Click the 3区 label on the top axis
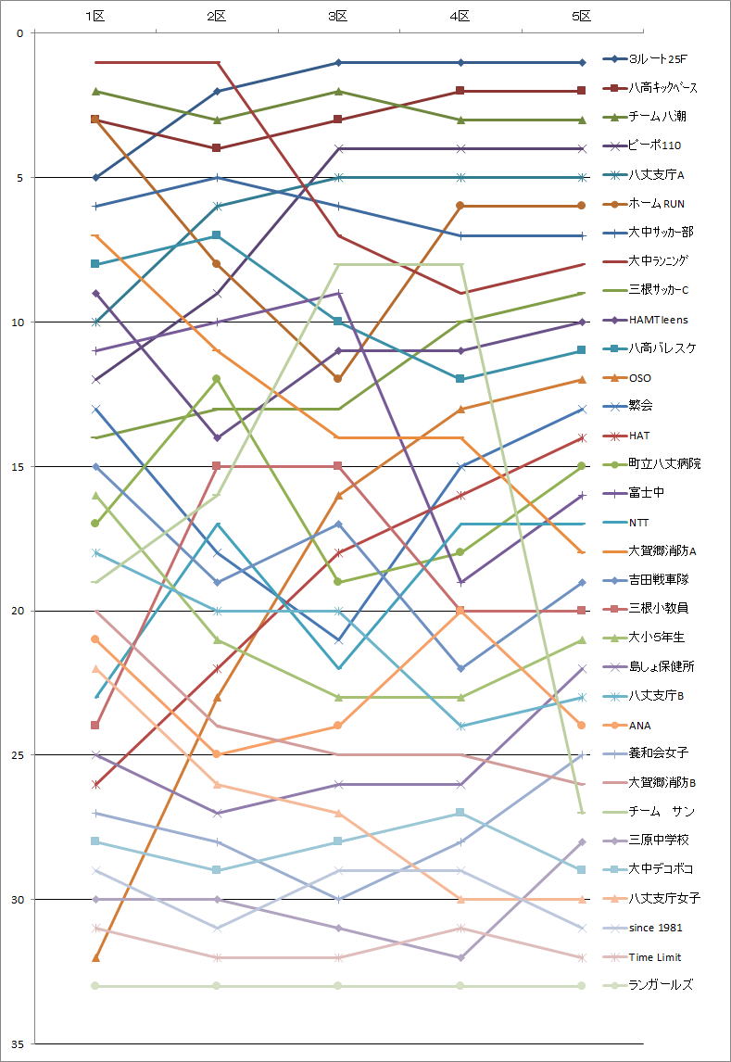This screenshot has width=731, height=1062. (338, 16)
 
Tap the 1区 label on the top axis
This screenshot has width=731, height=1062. (95, 16)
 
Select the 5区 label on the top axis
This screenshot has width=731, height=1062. (582, 16)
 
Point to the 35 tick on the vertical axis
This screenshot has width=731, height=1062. (19, 1044)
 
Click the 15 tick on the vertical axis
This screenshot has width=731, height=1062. (19, 466)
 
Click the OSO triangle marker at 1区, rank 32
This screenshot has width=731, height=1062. (95, 957)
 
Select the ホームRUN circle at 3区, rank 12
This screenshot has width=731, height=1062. (338, 379)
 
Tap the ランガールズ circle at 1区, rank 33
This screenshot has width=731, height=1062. (95, 986)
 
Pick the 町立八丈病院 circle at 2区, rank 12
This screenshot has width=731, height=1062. (217, 379)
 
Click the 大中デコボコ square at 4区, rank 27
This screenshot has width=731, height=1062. (460, 813)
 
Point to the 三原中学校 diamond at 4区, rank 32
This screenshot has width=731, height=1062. (460, 957)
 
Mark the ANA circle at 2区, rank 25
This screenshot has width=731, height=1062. (217, 754)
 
